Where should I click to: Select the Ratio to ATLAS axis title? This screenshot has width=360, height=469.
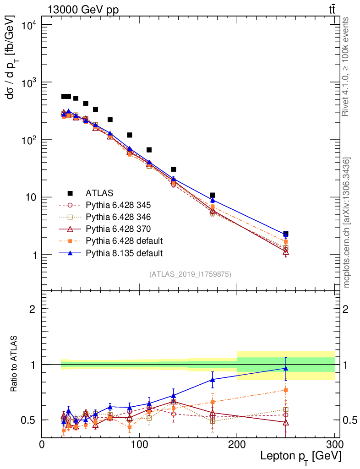(15, 364)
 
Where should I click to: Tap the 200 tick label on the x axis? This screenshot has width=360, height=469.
(237, 445)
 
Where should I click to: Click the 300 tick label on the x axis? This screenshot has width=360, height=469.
(334, 445)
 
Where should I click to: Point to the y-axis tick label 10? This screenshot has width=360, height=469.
(30, 197)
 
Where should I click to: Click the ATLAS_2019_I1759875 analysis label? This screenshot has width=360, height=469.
(190, 274)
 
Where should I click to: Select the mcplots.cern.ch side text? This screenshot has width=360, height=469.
(347, 223)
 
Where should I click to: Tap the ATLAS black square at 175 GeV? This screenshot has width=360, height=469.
(213, 195)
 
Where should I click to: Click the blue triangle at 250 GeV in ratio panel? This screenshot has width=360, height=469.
(286, 368)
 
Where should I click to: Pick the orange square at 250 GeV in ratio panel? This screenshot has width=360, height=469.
(286, 390)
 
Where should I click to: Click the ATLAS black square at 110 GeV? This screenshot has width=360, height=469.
(149, 150)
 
